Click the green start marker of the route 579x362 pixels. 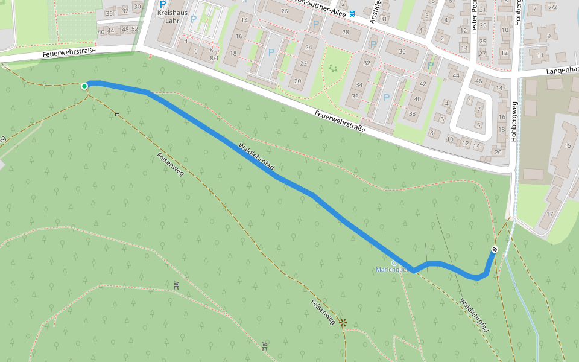[84, 86]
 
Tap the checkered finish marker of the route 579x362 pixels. [495, 249]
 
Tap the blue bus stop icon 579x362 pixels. [352, 13]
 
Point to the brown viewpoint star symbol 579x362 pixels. [343, 323]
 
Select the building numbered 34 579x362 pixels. [359, 85]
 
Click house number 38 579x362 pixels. [413, 113]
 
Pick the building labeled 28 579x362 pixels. [345, 32]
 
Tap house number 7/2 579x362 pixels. [552, 7]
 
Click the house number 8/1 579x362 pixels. [214, 58]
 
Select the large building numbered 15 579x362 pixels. [567, 146]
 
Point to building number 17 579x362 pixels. [549, 214]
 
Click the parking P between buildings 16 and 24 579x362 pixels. [271, 52]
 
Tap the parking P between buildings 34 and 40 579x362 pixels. [385, 98]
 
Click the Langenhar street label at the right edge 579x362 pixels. [562, 71]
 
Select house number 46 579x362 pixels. [478, 81]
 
